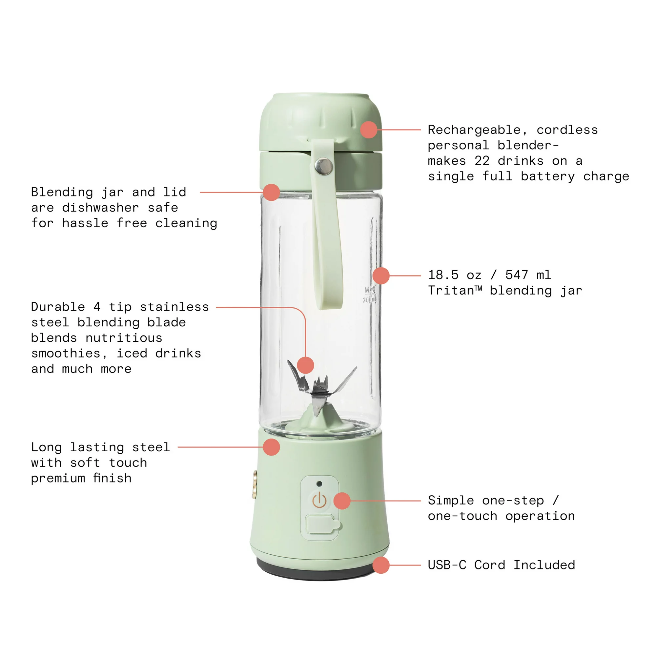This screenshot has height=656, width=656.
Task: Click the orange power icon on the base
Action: [x=319, y=501]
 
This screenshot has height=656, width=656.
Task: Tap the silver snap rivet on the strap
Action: [x=324, y=166]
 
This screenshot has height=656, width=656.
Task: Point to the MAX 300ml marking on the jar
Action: [x=370, y=295]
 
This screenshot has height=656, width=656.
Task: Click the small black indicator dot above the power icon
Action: [x=319, y=483]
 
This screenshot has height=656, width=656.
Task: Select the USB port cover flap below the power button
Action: [x=322, y=525]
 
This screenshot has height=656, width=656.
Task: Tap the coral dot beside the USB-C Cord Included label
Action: [x=380, y=565]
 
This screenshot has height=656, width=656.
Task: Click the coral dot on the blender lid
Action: [x=369, y=130]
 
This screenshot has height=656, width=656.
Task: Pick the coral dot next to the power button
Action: [x=342, y=501]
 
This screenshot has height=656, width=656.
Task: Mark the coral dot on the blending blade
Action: [x=305, y=365]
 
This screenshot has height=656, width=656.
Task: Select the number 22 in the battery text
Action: [x=482, y=161]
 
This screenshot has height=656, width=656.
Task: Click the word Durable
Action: [x=58, y=307]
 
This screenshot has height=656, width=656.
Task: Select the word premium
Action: [x=58, y=479]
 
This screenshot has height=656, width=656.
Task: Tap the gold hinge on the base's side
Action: [x=254, y=484]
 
